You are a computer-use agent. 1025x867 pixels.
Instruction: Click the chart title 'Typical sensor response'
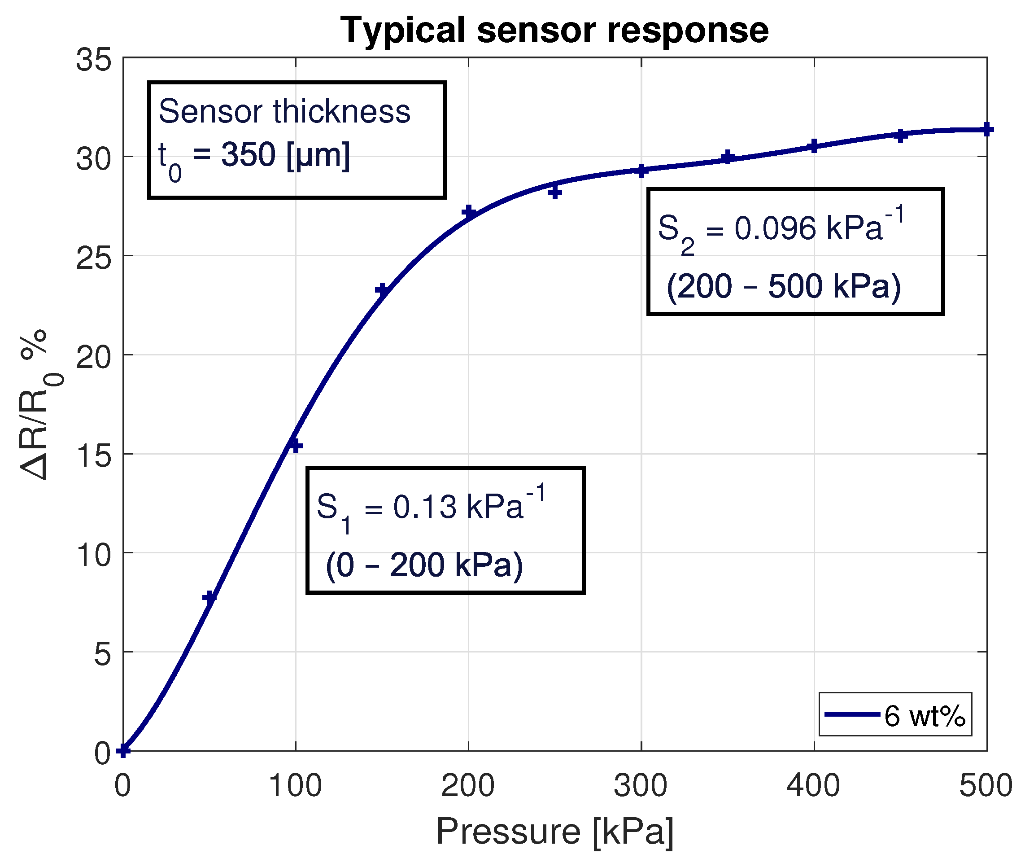click(554, 31)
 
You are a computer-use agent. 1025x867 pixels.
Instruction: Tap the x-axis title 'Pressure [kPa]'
click(554, 832)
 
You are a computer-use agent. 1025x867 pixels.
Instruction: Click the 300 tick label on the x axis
click(641, 785)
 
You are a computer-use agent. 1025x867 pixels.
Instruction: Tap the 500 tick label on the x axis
click(986, 785)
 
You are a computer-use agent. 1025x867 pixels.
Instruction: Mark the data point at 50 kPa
click(210, 597)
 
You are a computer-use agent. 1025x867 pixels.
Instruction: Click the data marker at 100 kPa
click(295, 446)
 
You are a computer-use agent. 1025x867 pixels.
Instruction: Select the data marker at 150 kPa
click(382, 290)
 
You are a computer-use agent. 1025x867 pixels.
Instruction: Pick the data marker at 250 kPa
click(555, 192)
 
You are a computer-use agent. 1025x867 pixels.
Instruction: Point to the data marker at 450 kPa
click(900, 136)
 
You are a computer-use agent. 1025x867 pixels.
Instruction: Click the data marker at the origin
click(123, 750)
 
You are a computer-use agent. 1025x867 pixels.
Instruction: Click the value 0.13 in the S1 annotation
click(424, 507)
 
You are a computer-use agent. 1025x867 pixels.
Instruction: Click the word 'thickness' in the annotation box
click(341, 112)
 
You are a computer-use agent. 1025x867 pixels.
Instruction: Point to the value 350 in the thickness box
click(248, 155)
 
